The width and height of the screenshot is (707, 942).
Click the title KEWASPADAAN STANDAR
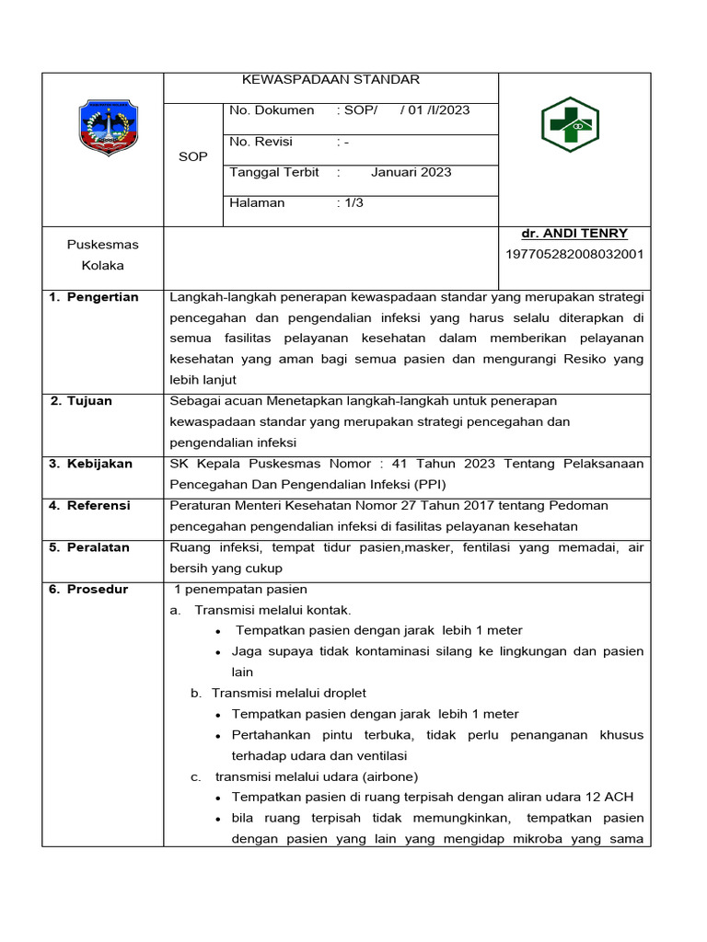(x=330, y=80)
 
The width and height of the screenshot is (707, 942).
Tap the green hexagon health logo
(x=570, y=124)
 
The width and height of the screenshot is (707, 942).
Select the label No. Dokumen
(x=272, y=110)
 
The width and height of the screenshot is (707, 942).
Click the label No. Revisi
(x=261, y=142)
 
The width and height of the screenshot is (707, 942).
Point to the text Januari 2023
(x=411, y=172)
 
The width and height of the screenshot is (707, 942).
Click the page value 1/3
(x=353, y=202)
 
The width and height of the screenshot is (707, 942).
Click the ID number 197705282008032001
(x=574, y=254)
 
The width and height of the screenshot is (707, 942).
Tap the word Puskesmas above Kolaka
(x=102, y=245)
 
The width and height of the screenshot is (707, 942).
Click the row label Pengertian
(x=102, y=297)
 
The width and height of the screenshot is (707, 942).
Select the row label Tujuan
(x=90, y=401)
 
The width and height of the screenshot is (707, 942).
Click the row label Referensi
(x=99, y=505)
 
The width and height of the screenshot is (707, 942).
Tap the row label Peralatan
(x=98, y=547)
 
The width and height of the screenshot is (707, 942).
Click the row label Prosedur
(x=97, y=589)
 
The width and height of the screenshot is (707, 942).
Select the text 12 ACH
(x=611, y=797)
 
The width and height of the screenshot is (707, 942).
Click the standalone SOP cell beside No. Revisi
(x=192, y=157)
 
